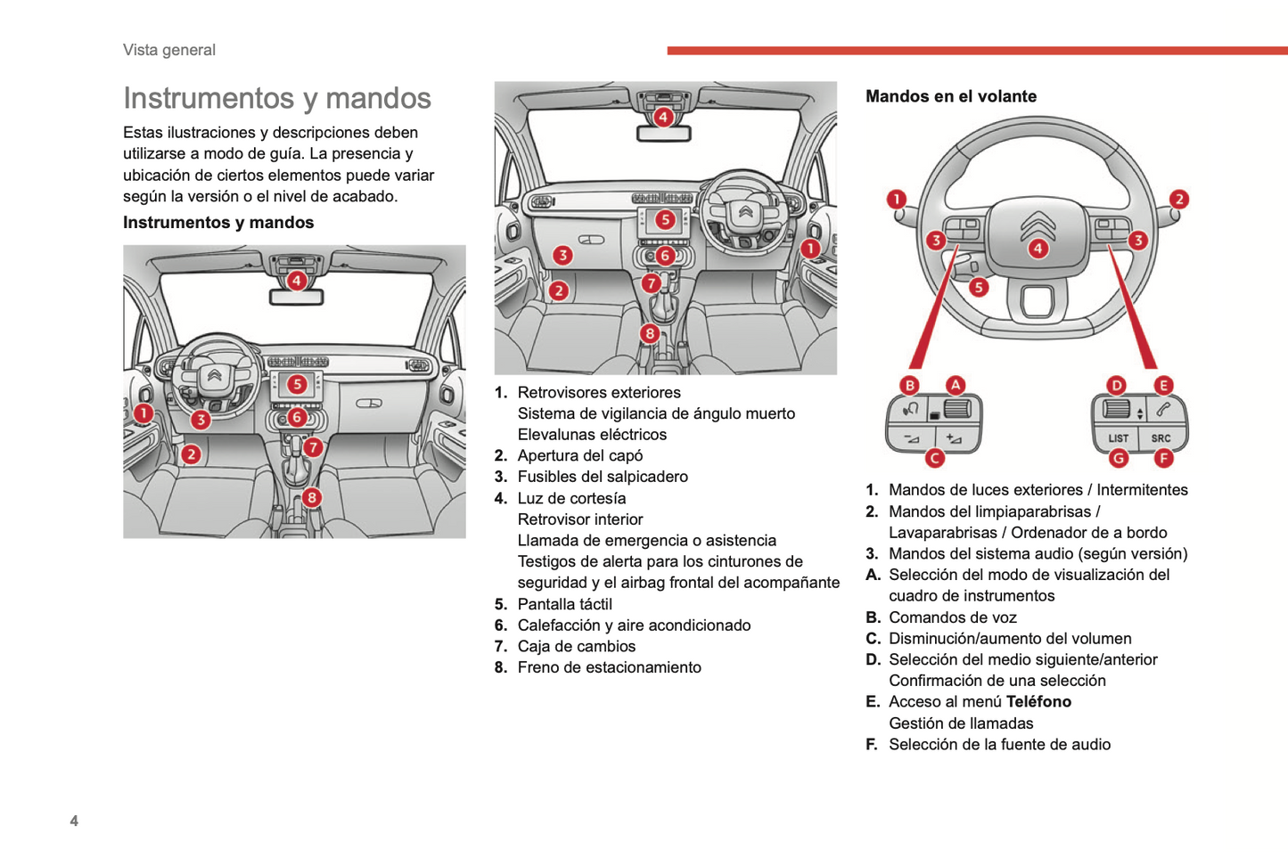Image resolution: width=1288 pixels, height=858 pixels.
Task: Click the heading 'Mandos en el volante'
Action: (950, 96)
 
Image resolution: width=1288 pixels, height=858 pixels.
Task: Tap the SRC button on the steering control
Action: (1161, 438)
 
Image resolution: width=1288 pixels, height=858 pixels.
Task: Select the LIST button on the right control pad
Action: (1118, 438)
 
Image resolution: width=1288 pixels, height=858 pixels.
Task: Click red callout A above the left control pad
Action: (955, 385)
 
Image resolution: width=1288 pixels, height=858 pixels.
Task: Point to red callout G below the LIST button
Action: (1118, 458)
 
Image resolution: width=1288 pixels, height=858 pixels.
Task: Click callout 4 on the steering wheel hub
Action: (1038, 249)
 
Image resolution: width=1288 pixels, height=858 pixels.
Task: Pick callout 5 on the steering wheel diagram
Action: (979, 287)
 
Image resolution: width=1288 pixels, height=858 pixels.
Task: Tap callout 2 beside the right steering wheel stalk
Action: (1178, 200)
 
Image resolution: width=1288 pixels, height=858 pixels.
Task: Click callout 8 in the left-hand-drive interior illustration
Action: (311, 497)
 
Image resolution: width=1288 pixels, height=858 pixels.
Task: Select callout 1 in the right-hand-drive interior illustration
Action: (809, 249)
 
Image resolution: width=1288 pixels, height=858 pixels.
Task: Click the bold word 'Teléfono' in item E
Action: (1038, 702)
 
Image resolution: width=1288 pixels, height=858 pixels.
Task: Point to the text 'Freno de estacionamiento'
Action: (609, 667)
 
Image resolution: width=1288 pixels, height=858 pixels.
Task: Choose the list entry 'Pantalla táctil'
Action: (564, 604)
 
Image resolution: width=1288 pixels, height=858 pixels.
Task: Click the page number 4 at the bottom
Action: (74, 821)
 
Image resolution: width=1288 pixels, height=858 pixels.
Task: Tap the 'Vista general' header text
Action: (169, 50)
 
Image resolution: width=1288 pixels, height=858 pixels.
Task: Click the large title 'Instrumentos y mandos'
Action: (277, 98)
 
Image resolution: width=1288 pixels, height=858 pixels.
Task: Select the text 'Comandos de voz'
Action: (952, 617)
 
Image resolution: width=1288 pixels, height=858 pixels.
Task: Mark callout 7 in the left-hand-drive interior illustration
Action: (312, 447)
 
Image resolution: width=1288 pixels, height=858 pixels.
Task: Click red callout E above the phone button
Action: (1163, 385)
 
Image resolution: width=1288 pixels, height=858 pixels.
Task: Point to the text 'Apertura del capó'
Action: (579, 455)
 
